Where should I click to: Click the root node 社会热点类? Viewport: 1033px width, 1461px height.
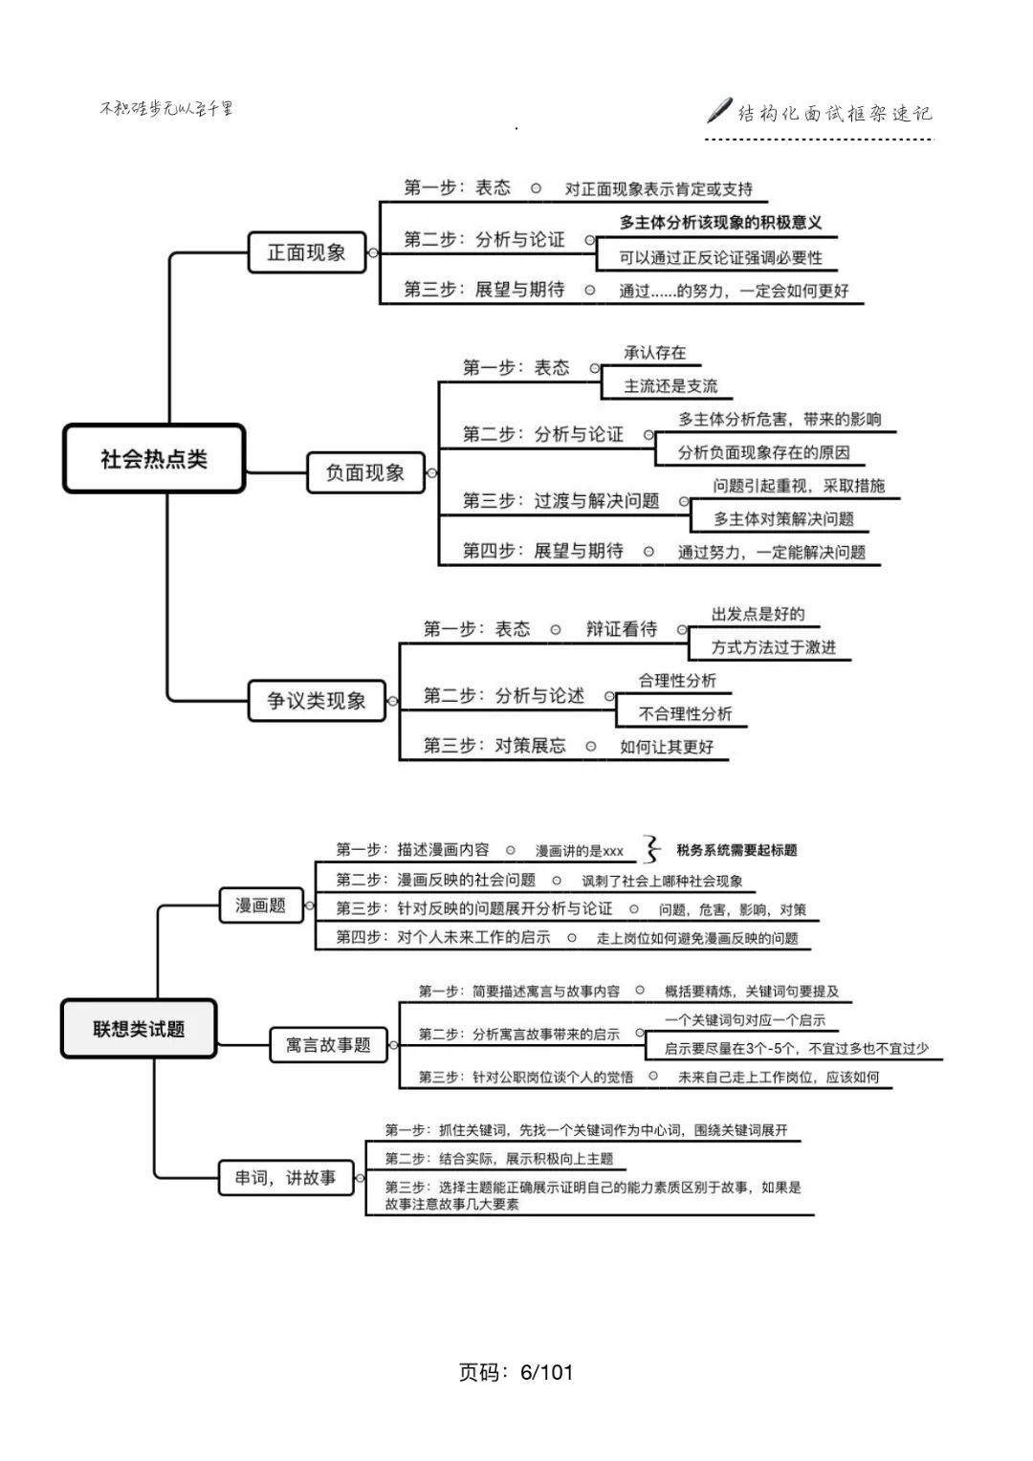coord(154,459)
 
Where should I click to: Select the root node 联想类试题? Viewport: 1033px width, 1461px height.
coord(139,1029)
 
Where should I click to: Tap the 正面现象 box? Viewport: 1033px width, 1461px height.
coord(306,252)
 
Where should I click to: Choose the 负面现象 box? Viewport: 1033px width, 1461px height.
coord(365,472)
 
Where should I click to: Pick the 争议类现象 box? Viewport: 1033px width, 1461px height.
coord(317,701)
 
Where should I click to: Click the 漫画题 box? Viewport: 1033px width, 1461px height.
coord(261,905)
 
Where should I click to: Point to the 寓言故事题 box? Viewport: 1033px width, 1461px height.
coord(328,1045)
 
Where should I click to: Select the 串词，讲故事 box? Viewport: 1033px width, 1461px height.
coord(286,1178)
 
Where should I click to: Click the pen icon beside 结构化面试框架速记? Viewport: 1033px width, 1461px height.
coord(719,111)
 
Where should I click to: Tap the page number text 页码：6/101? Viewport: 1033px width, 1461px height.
coord(516,1372)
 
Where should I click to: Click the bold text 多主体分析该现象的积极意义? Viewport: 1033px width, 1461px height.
coord(720,223)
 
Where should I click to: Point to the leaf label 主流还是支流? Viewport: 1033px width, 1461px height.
coord(670,386)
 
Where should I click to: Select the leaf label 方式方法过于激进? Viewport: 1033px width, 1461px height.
coord(773,647)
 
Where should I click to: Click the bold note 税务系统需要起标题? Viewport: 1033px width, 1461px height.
coord(736,850)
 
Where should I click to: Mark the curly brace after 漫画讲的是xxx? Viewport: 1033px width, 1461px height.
coord(652,849)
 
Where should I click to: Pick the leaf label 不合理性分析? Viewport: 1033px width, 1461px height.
coord(685,713)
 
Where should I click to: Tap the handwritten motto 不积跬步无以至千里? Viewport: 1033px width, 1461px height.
coord(166,108)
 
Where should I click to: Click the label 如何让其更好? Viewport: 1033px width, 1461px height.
coord(667,747)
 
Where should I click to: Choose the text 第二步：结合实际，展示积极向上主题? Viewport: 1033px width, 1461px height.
coord(498,1159)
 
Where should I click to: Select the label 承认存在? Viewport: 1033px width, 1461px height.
coord(655,353)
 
